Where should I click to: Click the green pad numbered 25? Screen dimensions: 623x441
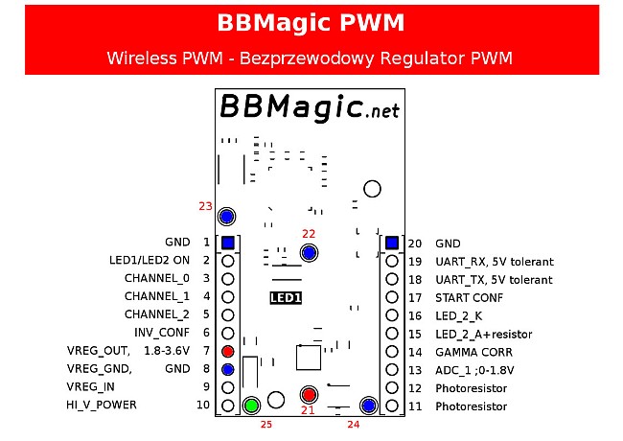tap(251, 406)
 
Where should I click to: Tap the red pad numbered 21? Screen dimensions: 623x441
tap(309, 395)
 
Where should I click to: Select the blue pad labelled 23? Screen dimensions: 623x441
tap(227, 217)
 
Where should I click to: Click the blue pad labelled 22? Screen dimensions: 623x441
tap(310, 252)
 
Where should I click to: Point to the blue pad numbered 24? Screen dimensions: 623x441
tap(369, 406)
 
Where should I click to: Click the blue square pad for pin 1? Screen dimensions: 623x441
tap(228, 243)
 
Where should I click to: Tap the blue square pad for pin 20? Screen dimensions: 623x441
tap(392, 243)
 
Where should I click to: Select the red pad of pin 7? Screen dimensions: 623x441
tap(228, 351)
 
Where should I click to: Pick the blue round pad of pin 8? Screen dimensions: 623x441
tap(228, 369)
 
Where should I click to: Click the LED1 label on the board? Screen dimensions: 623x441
tap(286, 297)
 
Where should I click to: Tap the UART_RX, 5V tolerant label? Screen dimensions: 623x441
tap(495, 262)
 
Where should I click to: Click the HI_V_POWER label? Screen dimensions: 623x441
tap(102, 405)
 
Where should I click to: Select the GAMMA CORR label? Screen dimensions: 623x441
tap(474, 353)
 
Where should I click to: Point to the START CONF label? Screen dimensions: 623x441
tap(470, 298)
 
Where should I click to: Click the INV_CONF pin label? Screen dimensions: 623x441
tap(162, 333)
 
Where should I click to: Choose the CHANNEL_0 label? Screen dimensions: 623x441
tap(157, 278)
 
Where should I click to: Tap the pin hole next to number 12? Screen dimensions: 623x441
tap(392, 387)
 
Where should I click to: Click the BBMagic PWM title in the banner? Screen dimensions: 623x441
tap(311, 23)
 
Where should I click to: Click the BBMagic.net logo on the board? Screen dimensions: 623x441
tap(310, 106)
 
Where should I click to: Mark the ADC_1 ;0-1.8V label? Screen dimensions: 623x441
tap(474, 370)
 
